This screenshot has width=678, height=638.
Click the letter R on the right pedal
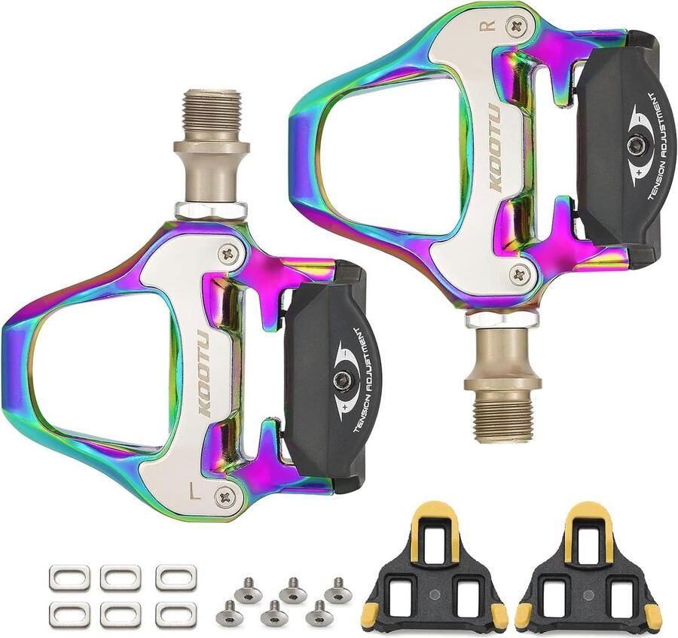(x=487, y=25)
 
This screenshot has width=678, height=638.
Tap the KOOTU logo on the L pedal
(x=204, y=372)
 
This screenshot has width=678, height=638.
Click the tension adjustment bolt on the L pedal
(x=343, y=381)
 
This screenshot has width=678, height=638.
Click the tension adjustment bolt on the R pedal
(x=637, y=145)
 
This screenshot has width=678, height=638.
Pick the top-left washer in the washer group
(x=69, y=578)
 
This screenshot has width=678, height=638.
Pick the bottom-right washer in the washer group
(x=176, y=615)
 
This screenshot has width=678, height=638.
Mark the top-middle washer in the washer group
(x=121, y=578)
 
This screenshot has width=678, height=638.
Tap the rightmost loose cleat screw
(x=337, y=592)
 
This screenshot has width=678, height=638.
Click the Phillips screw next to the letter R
(x=517, y=27)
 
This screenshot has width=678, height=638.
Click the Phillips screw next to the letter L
(x=224, y=496)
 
